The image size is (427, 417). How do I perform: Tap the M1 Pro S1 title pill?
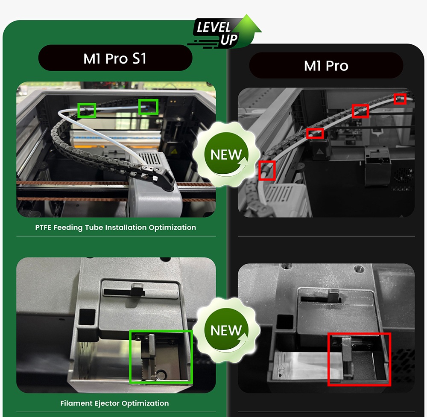coord(115,58)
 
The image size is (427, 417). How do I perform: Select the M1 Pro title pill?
coord(326,66)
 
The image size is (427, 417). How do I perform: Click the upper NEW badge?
coord(225,154)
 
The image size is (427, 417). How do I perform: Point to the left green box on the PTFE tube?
coord(86,110)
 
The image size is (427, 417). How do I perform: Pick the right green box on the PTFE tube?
coord(148,107)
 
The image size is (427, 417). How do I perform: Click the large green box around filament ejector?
coord(161,357)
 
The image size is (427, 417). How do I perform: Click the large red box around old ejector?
coord(359,359)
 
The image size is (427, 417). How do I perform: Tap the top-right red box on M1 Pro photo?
coord(400,99)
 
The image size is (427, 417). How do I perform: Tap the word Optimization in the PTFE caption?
coord(172,227)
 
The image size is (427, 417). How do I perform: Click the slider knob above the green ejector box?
coord(137,289)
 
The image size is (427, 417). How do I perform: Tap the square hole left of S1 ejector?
coord(89,317)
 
